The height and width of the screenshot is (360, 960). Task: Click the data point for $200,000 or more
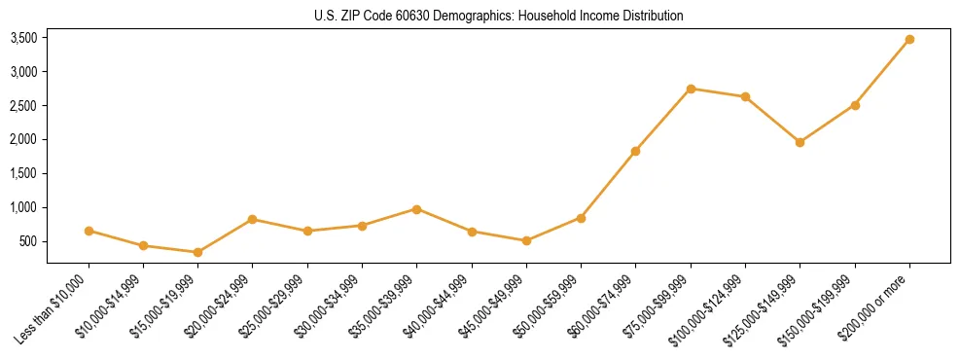[909, 39]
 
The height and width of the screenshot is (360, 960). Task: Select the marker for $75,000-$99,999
[691, 89]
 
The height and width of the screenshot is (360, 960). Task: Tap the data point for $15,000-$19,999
[197, 252]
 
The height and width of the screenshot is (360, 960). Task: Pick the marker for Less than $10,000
[89, 231]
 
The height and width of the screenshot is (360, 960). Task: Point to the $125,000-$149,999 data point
[800, 142]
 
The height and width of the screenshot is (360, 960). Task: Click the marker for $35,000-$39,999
[416, 209]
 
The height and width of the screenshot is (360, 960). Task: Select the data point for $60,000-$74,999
[635, 151]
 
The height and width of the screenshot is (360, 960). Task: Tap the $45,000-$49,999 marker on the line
[526, 240]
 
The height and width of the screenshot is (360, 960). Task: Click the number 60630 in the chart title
[418, 17]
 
